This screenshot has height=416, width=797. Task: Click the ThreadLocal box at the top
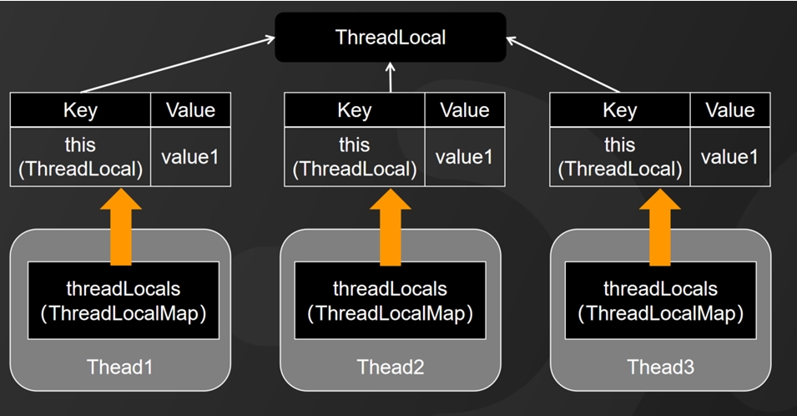click(x=391, y=37)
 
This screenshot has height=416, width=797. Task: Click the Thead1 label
click(x=120, y=367)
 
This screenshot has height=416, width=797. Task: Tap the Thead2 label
click(x=391, y=367)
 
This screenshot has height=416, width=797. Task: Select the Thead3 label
click(x=660, y=367)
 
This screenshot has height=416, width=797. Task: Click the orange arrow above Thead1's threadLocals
click(x=121, y=227)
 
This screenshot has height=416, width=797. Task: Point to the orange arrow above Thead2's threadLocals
click(x=391, y=227)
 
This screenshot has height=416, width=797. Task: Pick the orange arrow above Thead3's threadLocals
click(x=660, y=227)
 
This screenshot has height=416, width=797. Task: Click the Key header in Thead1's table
click(x=80, y=110)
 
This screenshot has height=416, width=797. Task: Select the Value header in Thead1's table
click(x=190, y=110)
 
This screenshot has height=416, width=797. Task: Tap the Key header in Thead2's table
click(x=355, y=110)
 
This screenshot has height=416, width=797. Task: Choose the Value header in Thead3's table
click(x=730, y=110)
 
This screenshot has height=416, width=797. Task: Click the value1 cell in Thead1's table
click(x=190, y=157)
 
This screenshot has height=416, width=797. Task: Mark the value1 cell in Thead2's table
click(x=465, y=157)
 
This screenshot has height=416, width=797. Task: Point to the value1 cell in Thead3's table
click(x=730, y=157)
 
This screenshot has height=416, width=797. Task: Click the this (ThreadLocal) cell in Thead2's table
click(x=355, y=157)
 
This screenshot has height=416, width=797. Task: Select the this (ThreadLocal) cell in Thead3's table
click(x=619, y=157)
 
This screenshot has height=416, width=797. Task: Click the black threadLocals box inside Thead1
click(x=124, y=301)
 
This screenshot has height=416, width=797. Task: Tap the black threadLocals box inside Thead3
click(x=660, y=301)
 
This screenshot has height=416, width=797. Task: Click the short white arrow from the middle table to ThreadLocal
click(x=391, y=78)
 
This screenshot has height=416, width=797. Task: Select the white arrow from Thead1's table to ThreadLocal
click(x=178, y=64)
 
